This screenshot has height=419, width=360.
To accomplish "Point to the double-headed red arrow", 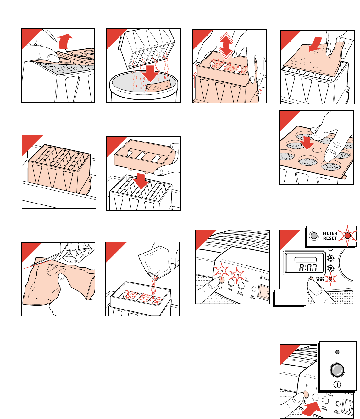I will click(x=226, y=47).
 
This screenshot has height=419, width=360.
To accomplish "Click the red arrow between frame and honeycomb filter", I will click(x=141, y=181).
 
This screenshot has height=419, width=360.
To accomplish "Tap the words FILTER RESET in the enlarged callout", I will click(x=330, y=236).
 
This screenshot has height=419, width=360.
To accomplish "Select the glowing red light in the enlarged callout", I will click(x=347, y=236).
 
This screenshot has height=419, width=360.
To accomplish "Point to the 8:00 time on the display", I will click(x=308, y=268).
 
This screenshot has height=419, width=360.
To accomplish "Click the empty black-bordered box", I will click(x=290, y=298).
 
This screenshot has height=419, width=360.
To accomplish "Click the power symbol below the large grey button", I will click(x=337, y=384).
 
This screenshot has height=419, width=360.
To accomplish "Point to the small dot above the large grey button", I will click(x=337, y=352).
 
